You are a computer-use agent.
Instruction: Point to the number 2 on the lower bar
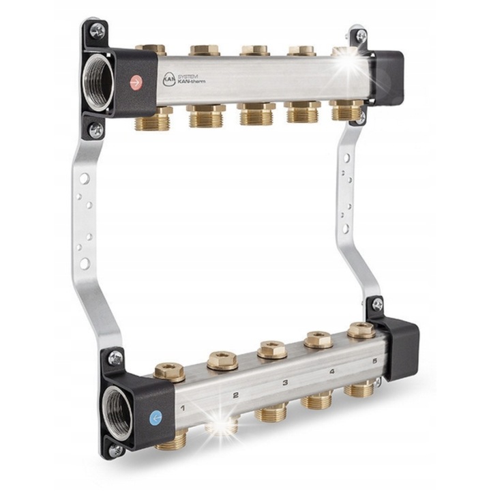(235, 395)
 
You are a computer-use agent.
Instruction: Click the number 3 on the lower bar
(284, 383)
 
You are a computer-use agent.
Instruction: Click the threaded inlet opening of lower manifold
(117, 411)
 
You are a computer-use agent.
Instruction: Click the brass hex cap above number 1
(169, 371)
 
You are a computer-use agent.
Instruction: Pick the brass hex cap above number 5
(360, 329)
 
